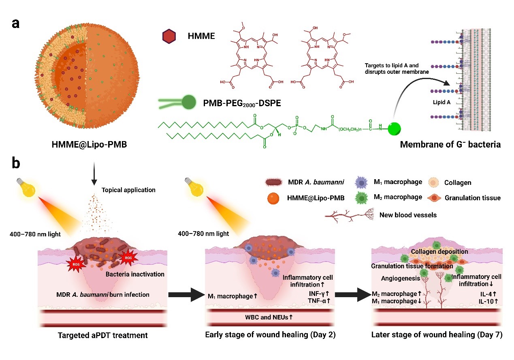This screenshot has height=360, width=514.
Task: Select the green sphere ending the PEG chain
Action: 395,130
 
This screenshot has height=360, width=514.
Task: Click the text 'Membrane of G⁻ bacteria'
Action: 444,145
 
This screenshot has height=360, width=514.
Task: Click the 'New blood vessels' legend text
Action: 408,215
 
